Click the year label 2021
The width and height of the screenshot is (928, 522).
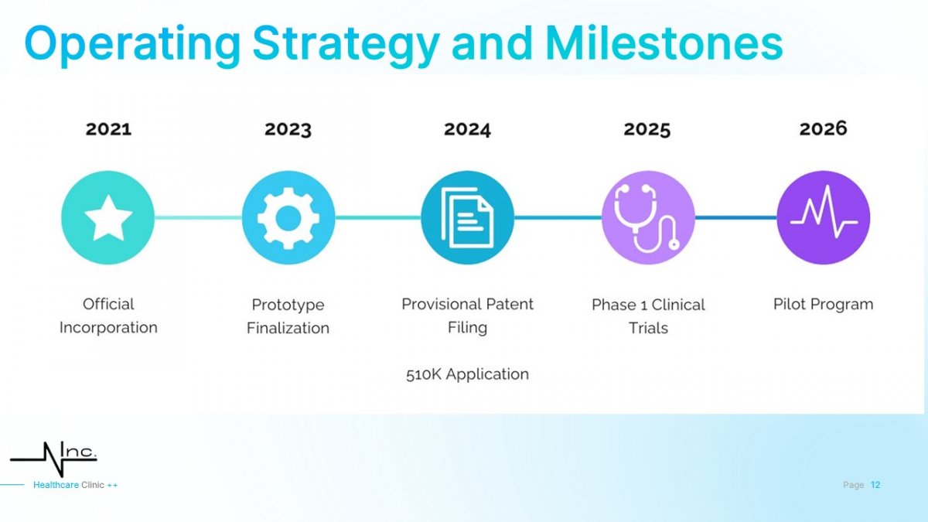point(108,129)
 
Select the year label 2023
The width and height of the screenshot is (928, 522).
point(288,129)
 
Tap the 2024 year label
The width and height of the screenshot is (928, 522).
point(467,129)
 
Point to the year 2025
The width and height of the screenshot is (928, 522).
point(647,129)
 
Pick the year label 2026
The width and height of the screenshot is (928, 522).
point(823,128)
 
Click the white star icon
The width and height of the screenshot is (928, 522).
point(108,218)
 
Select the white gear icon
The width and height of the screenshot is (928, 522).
point(288,218)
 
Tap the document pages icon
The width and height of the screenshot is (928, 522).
point(467,218)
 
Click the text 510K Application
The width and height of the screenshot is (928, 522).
point(467,374)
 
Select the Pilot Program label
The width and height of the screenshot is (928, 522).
point(823,305)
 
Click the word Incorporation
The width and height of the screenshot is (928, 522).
point(108,328)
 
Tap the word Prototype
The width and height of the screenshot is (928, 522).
point(288,305)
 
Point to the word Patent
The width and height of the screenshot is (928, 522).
point(510,304)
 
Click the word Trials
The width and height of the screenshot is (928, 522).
point(648,328)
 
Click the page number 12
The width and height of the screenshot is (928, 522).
point(875,485)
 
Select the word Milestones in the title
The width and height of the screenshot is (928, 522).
point(664,43)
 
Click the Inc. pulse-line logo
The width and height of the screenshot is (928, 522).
point(54,459)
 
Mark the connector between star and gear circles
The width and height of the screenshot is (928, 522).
point(198,217)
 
